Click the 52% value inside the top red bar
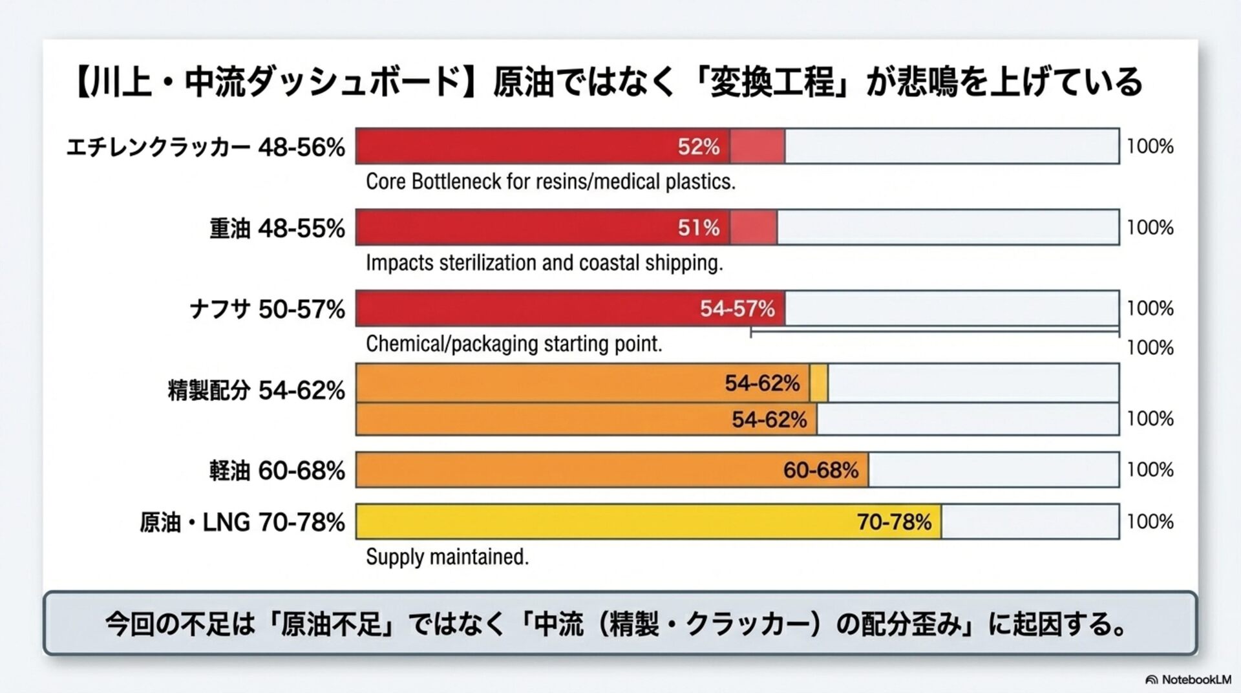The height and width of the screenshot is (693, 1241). [x=698, y=147]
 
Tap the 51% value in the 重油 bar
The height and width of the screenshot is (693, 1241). [x=698, y=228]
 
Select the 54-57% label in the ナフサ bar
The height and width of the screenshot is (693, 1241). [x=737, y=308]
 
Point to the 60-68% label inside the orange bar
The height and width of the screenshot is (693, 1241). [x=820, y=470]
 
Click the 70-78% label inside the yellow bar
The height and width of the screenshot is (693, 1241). [x=894, y=522]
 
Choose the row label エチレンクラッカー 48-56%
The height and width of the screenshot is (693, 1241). [x=206, y=147]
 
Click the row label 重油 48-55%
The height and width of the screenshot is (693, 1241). [x=277, y=228]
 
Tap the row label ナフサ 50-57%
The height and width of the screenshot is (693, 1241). [x=267, y=309]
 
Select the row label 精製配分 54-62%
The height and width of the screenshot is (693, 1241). [x=256, y=390]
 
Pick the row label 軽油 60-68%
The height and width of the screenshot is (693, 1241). [x=277, y=471]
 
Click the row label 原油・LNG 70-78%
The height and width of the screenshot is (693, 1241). [x=242, y=522]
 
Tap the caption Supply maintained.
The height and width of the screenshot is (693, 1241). [x=447, y=557]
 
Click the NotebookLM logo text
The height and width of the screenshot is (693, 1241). [x=1196, y=679]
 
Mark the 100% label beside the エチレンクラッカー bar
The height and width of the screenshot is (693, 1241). [x=1150, y=146]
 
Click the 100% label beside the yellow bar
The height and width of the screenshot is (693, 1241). [x=1150, y=521]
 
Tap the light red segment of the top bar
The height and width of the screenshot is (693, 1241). [x=758, y=147]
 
